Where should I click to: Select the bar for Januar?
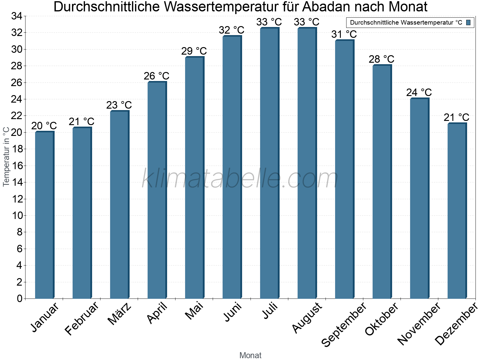pos(44,215)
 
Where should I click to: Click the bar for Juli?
pos(269,163)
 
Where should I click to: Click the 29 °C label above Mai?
pos(194,51)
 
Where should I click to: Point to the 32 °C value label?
pos(232,30)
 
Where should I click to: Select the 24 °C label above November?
pos(419,92)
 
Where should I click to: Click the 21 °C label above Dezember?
pos(457,117)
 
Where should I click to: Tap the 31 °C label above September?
pos(344,34)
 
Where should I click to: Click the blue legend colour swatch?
pos(468,22)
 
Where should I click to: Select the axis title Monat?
pos(250,355)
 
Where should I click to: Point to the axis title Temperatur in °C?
pos(6,157)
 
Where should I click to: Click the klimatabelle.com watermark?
pos(240,179)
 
